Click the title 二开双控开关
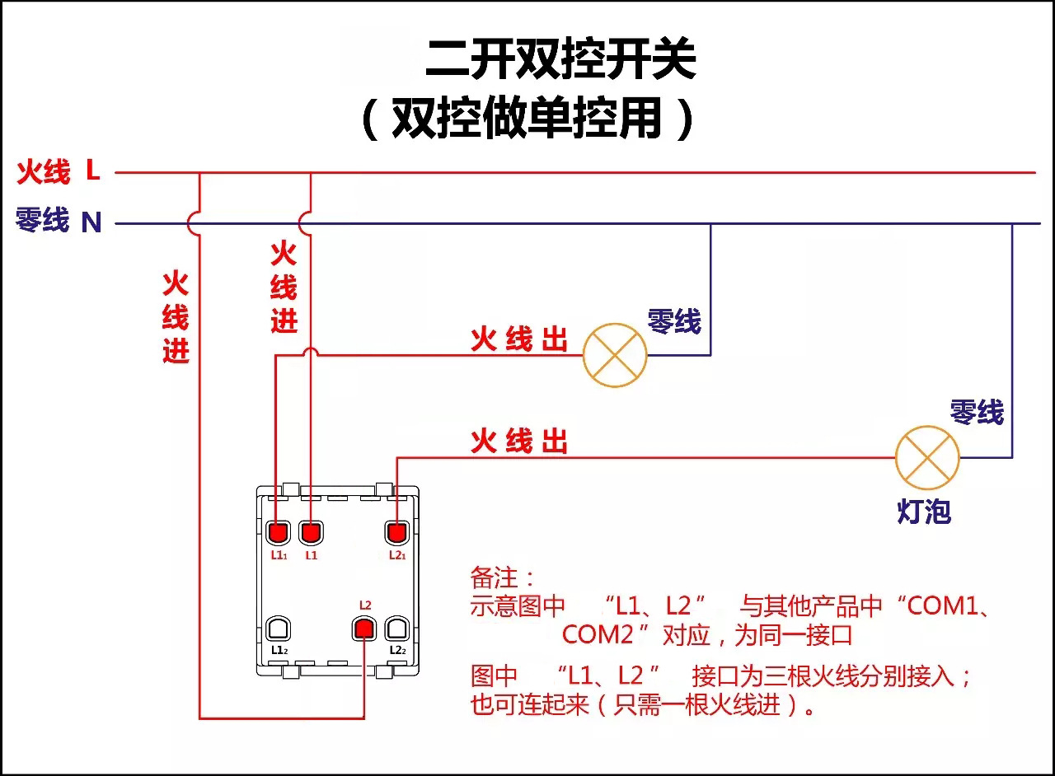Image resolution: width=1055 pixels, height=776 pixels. [x=560, y=59]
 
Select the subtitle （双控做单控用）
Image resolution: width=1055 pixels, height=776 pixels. [x=527, y=120]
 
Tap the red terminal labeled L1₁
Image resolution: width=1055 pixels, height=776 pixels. [x=279, y=532]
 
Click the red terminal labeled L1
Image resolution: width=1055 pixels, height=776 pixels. [x=310, y=532]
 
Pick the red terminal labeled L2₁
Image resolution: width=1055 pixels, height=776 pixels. [x=397, y=532]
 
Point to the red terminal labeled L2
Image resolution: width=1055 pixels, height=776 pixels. [x=363, y=629]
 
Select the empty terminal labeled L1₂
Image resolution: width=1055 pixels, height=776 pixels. [x=279, y=629]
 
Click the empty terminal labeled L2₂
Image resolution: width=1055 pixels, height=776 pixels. [x=397, y=629]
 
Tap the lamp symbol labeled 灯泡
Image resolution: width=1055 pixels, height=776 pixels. [x=927, y=458]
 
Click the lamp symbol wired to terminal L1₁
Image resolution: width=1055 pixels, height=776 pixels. [x=615, y=355]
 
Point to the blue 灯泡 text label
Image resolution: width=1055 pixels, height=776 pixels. [x=924, y=512]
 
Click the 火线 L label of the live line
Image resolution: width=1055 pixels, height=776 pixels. [x=59, y=172]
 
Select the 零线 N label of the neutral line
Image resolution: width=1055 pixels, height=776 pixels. [x=59, y=221]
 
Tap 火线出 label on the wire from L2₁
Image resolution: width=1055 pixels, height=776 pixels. [x=519, y=442]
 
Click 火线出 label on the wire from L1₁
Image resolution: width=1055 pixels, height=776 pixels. [x=519, y=339]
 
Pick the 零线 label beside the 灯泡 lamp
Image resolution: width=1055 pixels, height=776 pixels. [x=977, y=412]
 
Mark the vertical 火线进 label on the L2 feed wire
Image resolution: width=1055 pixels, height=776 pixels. [x=176, y=317]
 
